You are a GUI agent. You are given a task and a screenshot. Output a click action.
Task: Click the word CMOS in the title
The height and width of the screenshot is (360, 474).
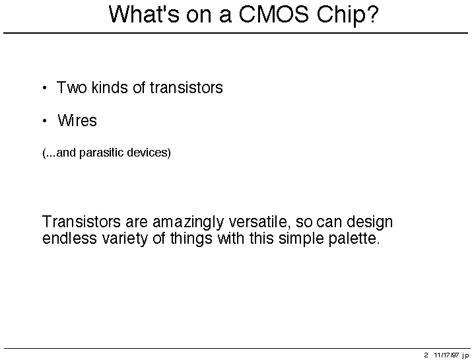click(x=274, y=15)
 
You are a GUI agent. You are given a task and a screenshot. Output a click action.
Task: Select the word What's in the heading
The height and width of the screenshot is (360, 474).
click(x=144, y=15)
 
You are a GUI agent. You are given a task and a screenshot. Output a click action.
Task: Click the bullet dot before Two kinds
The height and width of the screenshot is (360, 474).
click(x=45, y=89)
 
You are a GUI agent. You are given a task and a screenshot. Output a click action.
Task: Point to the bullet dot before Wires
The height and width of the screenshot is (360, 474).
click(x=45, y=121)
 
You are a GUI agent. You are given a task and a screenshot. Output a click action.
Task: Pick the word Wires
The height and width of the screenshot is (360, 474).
click(x=77, y=120)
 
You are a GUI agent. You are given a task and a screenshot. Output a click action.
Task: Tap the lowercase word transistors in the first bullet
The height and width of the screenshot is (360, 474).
click(x=186, y=87)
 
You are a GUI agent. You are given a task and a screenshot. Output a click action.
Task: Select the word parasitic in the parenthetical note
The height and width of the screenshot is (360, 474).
click(x=101, y=153)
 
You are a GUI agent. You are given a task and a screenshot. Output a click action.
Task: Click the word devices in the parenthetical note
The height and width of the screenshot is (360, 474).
click(x=147, y=152)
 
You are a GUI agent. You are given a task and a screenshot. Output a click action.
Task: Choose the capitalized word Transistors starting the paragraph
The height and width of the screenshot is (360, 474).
click(x=81, y=221)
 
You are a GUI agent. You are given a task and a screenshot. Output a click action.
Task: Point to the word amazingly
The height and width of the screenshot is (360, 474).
click(x=187, y=223)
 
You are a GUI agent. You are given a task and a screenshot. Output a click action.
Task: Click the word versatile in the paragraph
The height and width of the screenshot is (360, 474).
click(x=259, y=222)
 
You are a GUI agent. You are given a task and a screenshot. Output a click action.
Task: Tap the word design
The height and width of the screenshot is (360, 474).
click(x=370, y=223)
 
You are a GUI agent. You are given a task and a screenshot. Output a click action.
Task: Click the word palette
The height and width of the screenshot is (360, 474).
click(x=354, y=238)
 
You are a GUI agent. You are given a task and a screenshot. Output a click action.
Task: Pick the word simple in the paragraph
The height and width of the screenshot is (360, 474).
click(x=301, y=238)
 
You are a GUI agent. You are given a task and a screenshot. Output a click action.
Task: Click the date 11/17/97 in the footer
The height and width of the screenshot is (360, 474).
click(x=446, y=355)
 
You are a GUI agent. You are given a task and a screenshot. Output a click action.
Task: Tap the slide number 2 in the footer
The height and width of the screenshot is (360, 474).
click(x=426, y=355)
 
